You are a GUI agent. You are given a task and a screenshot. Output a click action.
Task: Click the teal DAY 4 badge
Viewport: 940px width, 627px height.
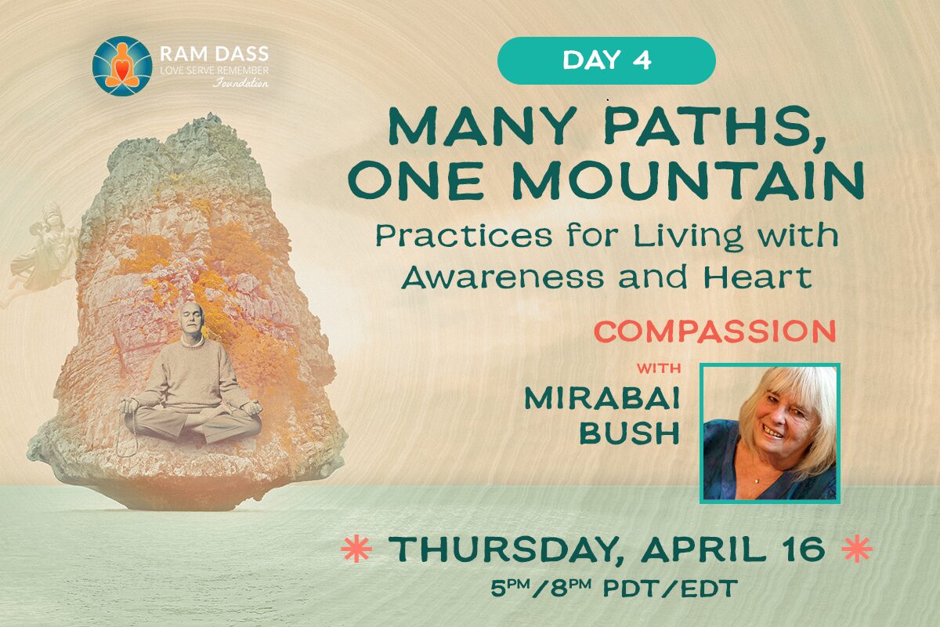pos(606,60)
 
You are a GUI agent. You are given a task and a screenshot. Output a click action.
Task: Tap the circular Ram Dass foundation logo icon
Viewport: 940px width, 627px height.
pos(122,66)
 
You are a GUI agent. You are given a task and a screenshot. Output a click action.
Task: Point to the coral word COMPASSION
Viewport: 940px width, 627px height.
pos(715,332)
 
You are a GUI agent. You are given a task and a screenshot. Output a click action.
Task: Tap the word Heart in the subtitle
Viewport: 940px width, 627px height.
pos(757,277)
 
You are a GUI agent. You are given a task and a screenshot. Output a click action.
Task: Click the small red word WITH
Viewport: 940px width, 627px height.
pos(659,368)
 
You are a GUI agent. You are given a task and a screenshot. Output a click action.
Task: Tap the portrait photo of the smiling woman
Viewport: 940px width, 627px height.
pos(769,433)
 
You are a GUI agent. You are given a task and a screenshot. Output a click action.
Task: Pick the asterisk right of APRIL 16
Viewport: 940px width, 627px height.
pos(857,549)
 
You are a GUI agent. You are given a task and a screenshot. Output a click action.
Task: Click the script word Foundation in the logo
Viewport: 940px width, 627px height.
pos(240,82)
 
